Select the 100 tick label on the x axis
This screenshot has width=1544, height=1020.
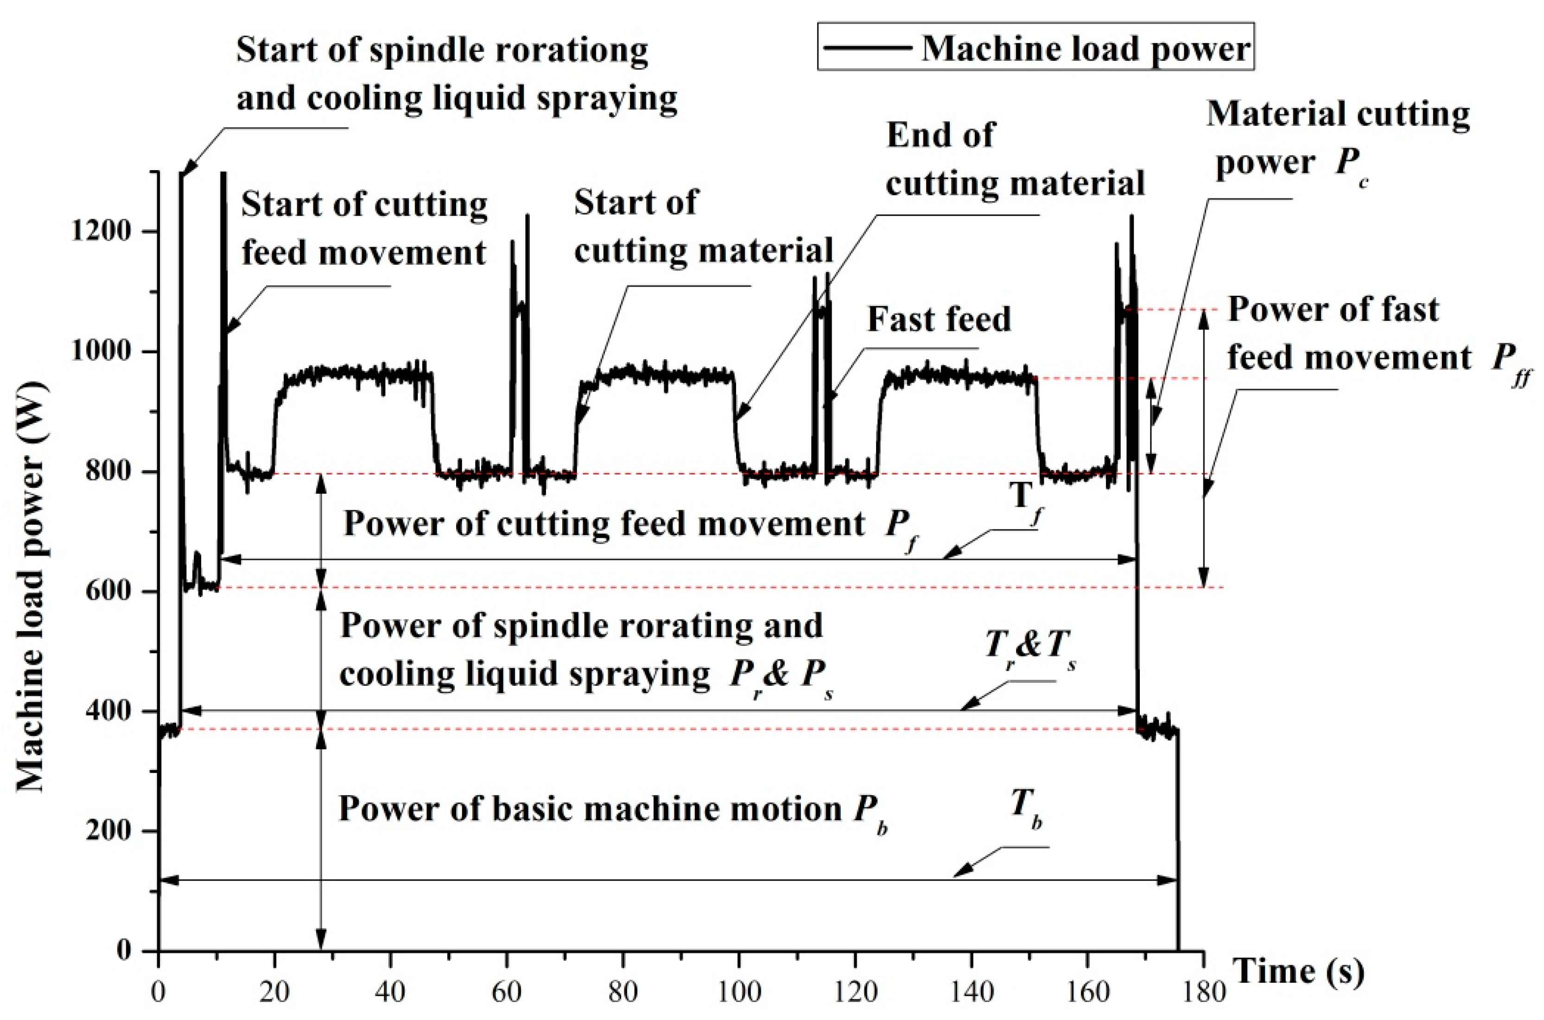tap(739, 993)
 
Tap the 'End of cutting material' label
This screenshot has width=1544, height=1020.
tap(1015, 159)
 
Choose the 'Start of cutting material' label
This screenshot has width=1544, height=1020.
tap(703, 226)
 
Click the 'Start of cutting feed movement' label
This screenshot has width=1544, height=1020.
tap(364, 228)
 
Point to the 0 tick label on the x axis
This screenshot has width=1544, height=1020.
tap(158, 993)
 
